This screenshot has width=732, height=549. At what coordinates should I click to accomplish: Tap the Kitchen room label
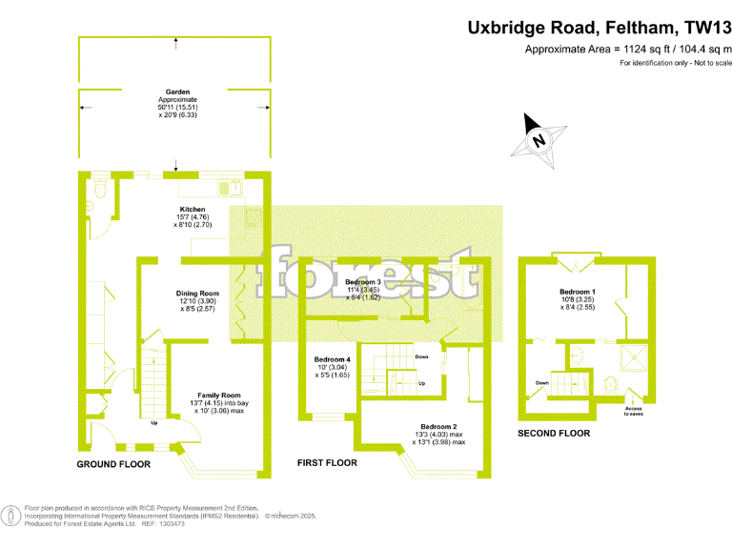pos(193,209)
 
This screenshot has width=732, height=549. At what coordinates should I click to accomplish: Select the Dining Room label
pos(197,294)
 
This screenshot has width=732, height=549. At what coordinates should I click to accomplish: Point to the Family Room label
pos(218,395)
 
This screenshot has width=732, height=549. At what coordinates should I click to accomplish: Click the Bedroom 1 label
pos(579,291)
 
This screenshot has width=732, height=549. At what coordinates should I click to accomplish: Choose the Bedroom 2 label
pos(439,426)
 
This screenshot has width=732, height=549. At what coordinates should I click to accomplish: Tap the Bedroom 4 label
pos(334,359)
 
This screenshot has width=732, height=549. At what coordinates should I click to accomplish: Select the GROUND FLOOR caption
pos(113,464)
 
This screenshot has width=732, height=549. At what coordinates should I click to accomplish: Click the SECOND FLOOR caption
pos(553,433)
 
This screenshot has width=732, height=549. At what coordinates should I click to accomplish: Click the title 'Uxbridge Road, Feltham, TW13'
pos(600,29)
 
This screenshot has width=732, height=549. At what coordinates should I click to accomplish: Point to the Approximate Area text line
pos(629,50)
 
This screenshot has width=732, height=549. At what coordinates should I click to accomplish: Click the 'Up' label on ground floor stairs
pos(153,422)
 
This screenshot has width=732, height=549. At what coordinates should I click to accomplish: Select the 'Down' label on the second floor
pos(541,383)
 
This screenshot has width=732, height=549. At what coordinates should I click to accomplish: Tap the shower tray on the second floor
pos(634,358)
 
